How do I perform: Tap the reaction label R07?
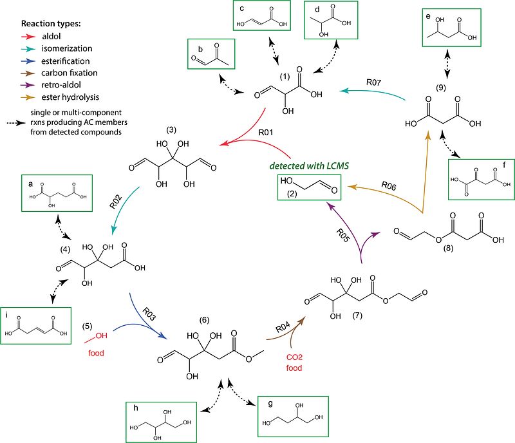(x=376, y=83)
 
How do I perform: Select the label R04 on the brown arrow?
(x=283, y=327)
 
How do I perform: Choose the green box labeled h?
(x=158, y=422)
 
